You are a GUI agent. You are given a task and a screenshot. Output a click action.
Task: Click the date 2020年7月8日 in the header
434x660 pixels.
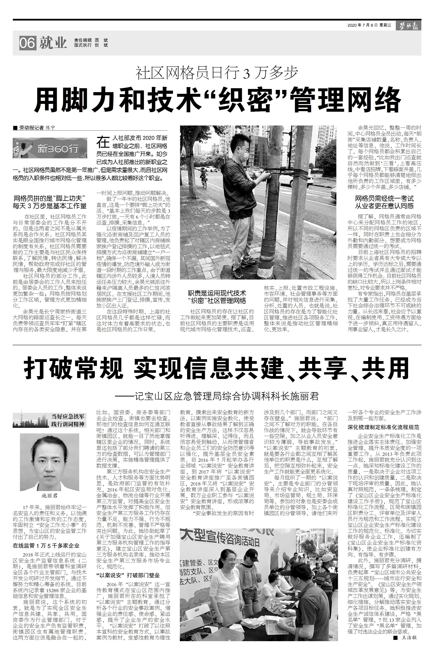pyautogui.click(x=362, y=25)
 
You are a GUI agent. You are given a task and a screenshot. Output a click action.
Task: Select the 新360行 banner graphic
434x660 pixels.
pyautogui.click(x=50, y=148)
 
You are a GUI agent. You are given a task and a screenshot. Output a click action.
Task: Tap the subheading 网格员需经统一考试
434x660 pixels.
pyautogui.click(x=384, y=199)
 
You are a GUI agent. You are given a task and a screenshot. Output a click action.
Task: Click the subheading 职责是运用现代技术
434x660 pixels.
pyautogui.click(x=217, y=293)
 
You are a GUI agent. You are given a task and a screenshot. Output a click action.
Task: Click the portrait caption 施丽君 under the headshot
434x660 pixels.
pyautogui.click(x=50, y=496)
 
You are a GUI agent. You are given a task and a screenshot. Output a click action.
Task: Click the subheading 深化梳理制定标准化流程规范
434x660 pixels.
pyautogui.click(x=383, y=427)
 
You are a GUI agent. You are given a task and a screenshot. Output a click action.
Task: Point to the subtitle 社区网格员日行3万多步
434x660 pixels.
pyautogui.click(x=217, y=73)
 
